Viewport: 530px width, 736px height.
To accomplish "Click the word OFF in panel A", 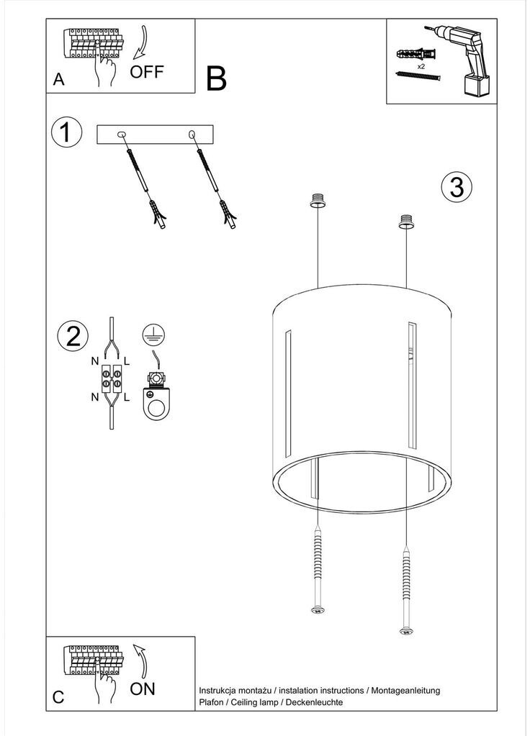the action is pyautogui.click(x=147, y=72).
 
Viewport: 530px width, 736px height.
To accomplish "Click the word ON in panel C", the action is pyautogui.click(x=143, y=689).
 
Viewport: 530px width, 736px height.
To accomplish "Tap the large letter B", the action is pyautogui.click(x=216, y=79).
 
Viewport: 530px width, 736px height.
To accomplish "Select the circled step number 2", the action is pyautogui.click(x=73, y=336).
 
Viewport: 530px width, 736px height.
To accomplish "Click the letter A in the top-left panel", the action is pyautogui.click(x=59, y=81).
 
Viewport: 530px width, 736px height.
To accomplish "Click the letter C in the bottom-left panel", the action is pyautogui.click(x=59, y=696).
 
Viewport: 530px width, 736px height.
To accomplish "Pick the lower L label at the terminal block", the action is pyautogui.click(x=127, y=397).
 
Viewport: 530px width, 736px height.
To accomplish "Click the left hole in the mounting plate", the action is pyautogui.click(x=121, y=135).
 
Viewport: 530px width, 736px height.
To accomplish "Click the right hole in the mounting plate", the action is pyautogui.click(x=192, y=135).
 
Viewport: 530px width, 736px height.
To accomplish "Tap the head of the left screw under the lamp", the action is pyautogui.click(x=316, y=611).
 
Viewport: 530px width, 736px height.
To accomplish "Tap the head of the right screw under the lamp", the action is pyautogui.click(x=406, y=632).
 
